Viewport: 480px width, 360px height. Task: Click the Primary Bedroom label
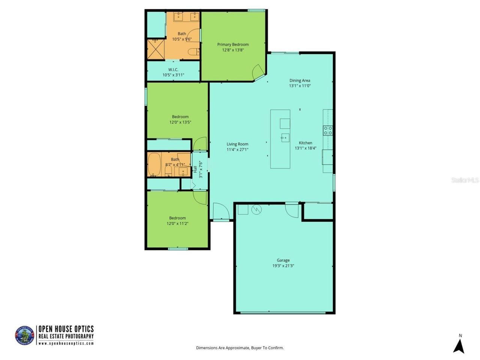pyautogui.click(x=233, y=45)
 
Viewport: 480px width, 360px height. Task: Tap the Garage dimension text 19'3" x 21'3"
pyautogui.click(x=283, y=266)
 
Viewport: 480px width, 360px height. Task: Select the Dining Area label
pyautogui.click(x=300, y=80)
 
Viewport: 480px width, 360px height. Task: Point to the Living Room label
pyautogui.click(x=237, y=144)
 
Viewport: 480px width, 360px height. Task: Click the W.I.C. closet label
pyautogui.click(x=173, y=70)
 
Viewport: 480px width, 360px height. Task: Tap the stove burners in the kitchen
pyautogui.click(x=328, y=130)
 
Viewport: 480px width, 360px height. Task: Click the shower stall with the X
pyautogui.click(x=155, y=49)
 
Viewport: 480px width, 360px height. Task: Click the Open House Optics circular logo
pyautogui.click(x=24, y=335)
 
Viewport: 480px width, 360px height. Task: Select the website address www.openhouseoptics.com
pyautogui.click(x=66, y=343)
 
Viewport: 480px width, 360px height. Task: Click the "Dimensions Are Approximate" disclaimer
pyautogui.click(x=240, y=348)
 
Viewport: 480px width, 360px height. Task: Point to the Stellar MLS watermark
pyautogui.click(x=465, y=180)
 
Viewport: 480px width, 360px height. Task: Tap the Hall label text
pyautogui.click(x=195, y=169)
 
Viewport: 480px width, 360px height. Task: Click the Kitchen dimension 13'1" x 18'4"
pyautogui.click(x=305, y=148)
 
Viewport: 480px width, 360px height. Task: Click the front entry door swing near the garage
pyautogui.click(x=220, y=211)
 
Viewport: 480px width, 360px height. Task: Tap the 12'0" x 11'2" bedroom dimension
pyautogui.click(x=177, y=223)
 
